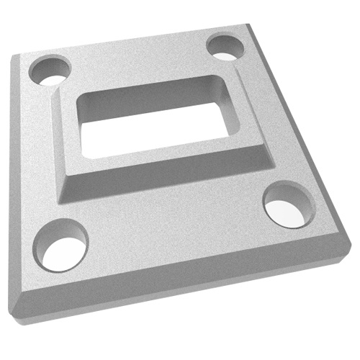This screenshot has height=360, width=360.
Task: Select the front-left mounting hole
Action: click(63, 246)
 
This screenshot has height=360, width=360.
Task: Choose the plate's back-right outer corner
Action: click(252, 25)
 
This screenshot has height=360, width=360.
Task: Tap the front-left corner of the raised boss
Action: click(63, 194)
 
